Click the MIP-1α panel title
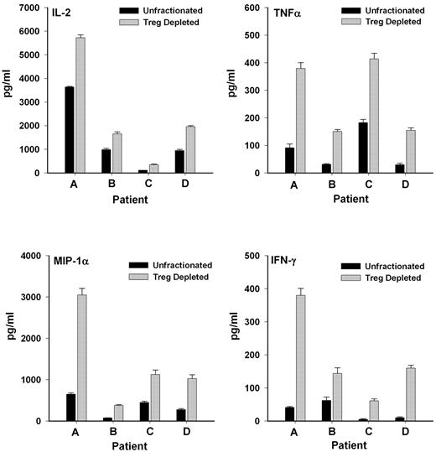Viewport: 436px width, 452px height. click(77, 265)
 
